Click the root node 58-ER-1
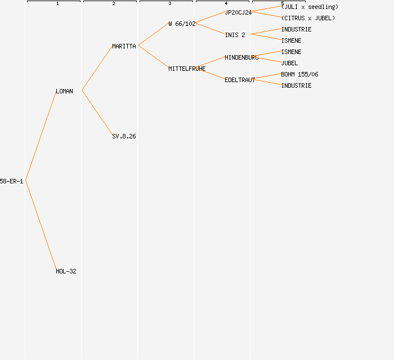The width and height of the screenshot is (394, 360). [11, 181]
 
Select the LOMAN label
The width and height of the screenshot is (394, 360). [64, 91]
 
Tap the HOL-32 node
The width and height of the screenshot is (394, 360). [66, 271]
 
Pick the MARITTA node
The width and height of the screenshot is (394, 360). [124, 46]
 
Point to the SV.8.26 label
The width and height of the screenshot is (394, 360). [124, 136]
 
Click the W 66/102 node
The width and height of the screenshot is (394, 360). [182, 24]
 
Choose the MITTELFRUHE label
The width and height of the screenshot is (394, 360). [187, 69]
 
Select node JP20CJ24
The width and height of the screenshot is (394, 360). [238, 12]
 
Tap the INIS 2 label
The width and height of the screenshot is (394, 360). [235, 35]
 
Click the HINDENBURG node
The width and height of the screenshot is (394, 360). [241, 57]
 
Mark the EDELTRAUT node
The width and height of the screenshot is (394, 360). [240, 80]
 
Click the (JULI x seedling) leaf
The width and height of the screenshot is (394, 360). [310, 7]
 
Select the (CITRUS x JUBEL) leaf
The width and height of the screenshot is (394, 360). [308, 18]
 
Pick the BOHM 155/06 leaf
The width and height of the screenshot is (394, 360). [299, 74]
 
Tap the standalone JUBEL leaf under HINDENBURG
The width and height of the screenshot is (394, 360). [289, 63]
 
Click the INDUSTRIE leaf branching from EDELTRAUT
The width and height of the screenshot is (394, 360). [296, 85]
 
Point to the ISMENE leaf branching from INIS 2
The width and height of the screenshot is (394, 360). [291, 40]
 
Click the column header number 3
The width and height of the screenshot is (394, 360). [170, 4]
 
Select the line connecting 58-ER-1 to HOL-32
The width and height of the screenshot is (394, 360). [41, 225]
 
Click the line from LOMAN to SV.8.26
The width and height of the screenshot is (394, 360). [97, 112]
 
